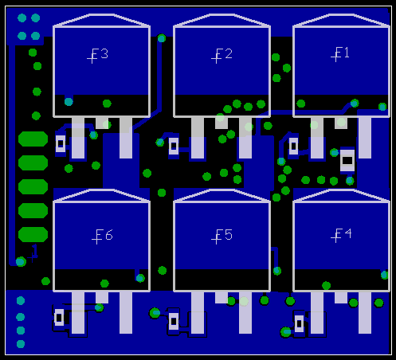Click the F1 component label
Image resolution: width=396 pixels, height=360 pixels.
coord(340,54)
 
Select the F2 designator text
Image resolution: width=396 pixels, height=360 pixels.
coord(222,56)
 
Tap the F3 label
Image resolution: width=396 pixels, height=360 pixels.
coord(97,56)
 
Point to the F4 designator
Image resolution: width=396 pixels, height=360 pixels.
coord(341,235)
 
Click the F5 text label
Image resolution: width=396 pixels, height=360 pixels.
coord(222,237)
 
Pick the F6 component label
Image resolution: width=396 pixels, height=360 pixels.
coord(102,237)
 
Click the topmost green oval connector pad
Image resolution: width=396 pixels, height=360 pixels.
coord(33,139)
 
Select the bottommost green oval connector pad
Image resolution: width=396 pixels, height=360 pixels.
coord(33,234)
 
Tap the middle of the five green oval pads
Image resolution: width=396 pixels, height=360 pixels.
coord(33,186)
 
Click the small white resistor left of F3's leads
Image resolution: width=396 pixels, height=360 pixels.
coord(61,143)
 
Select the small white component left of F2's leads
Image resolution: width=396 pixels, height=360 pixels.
coord(174,146)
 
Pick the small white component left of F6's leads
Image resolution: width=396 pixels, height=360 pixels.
coord(59,318)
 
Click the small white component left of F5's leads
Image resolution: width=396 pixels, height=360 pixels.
coord(174,321)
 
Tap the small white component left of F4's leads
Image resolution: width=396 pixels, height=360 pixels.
coord(299,323)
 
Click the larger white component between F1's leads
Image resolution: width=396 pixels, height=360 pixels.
coord(347,160)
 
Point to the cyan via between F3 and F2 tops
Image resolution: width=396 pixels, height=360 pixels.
coord(162,38)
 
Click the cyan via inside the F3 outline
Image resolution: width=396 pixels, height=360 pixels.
coord(69,102)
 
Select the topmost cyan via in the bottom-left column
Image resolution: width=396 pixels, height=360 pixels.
coord(21,301)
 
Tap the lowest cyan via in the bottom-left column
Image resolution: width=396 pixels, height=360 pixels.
coord(21,344)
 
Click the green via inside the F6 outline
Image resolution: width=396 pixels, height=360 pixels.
coord(104,284)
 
